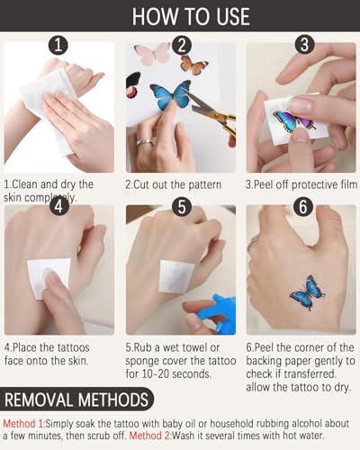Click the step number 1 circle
click(x=58, y=45)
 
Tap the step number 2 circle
click(x=182, y=45)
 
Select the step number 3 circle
click(x=304, y=45)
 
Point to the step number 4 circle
click(x=59, y=206)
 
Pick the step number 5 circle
click(x=182, y=207)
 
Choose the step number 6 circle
click(x=303, y=207)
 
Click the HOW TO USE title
click(x=191, y=16)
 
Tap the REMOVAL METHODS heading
click(x=76, y=400)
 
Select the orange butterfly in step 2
click(x=194, y=66)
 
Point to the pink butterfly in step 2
click(x=152, y=53)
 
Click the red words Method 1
click(x=23, y=424)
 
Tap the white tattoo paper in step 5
click(x=176, y=276)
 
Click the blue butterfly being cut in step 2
click(x=170, y=94)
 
